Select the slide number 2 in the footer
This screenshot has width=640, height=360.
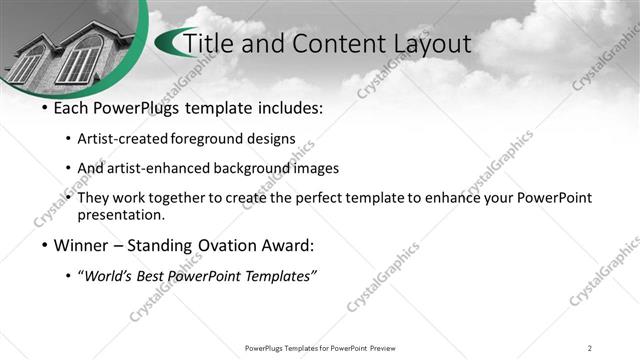tap(590, 348)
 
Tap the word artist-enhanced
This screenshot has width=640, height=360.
tap(169, 168)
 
